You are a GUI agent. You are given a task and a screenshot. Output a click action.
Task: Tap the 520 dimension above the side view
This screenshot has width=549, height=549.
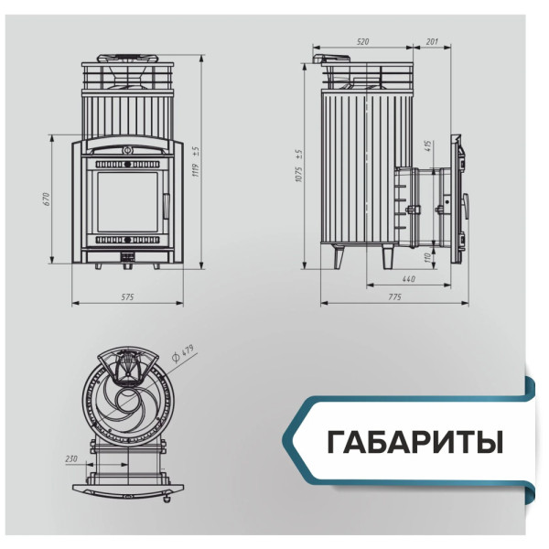(363, 42)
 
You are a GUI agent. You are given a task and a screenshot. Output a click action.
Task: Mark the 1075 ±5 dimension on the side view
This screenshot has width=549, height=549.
(299, 166)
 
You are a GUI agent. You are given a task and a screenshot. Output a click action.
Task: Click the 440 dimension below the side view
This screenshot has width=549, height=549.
(408, 278)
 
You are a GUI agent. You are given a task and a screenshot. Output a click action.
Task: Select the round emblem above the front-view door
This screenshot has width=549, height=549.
(128, 147)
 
